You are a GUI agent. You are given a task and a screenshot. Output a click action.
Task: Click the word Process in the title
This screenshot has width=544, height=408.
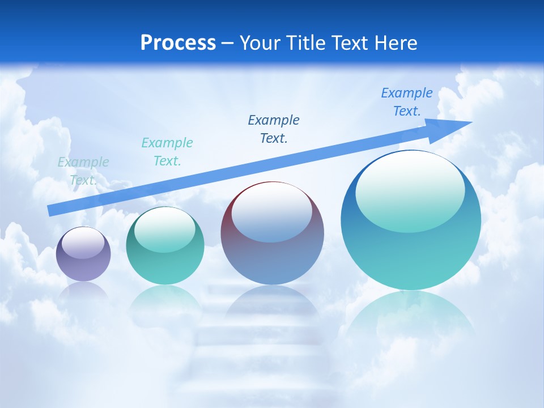(x=178, y=43)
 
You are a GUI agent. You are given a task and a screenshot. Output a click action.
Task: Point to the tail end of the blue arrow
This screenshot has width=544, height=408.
(x=51, y=210)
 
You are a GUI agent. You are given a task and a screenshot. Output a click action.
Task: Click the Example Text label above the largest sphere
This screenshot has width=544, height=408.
(x=406, y=102)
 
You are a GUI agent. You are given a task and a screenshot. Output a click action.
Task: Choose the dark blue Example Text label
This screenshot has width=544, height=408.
(x=274, y=129)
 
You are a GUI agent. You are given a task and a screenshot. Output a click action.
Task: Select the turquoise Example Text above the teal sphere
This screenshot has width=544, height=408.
(x=167, y=152)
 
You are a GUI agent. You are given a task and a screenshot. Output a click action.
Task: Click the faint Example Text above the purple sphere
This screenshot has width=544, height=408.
(x=83, y=171)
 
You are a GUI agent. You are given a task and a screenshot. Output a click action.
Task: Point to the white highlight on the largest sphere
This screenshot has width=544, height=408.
(x=410, y=190)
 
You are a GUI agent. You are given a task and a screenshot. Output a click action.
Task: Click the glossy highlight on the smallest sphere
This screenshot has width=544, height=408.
(x=83, y=243)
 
